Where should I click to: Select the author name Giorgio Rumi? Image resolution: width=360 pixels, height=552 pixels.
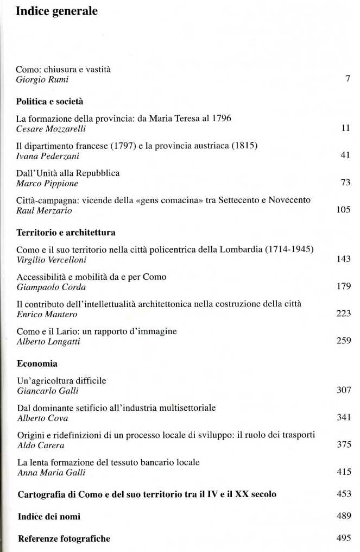(x=42, y=80)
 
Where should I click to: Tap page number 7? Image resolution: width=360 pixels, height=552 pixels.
(x=348, y=80)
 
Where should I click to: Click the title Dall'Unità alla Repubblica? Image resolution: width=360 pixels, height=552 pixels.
(x=68, y=173)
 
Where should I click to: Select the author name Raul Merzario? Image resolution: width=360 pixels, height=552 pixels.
(x=45, y=210)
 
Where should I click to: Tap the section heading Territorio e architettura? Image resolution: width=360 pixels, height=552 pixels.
(x=66, y=232)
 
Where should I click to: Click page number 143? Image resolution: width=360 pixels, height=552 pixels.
(x=343, y=260)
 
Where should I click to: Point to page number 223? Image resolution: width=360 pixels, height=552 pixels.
(x=343, y=313)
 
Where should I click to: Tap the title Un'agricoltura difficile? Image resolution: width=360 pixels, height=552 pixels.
(x=61, y=380)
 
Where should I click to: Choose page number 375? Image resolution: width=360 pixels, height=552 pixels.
(x=343, y=444)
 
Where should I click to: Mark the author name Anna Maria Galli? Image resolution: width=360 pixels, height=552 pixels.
(x=52, y=472)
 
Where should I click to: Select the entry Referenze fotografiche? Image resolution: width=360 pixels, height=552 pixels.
(x=64, y=538)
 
